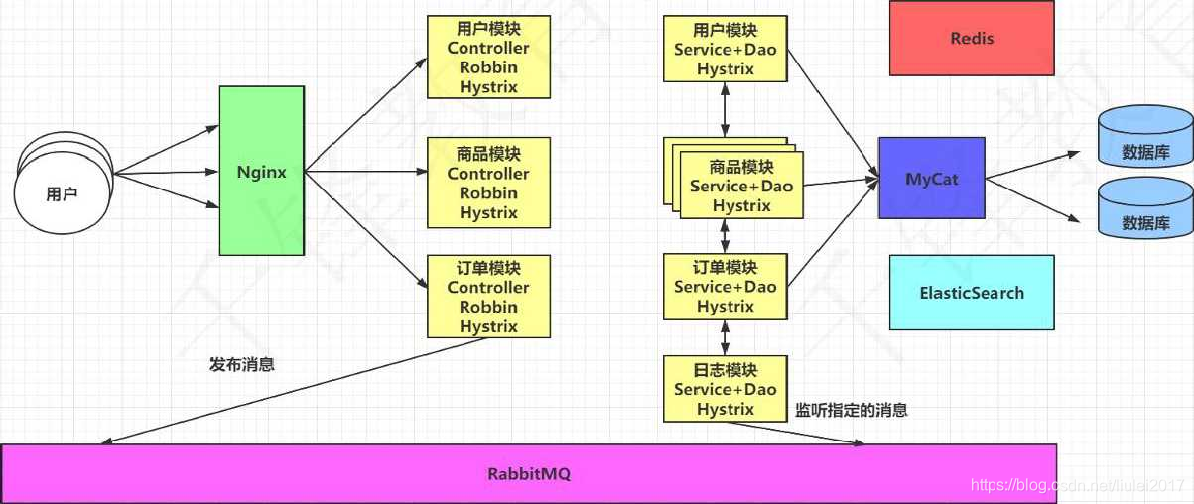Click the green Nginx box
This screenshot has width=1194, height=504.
tap(261, 171)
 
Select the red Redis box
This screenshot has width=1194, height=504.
tap(971, 39)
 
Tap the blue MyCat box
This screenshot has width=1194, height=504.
tap(931, 179)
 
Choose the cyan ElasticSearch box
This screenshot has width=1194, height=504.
tap(971, 293)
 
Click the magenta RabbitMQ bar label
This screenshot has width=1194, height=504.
tap(528, 474)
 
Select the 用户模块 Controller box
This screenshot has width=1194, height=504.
tap(487, 58)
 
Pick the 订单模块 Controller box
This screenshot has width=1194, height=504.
tap(487, 297)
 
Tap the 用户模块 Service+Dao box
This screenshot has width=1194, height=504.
tap(725, 49)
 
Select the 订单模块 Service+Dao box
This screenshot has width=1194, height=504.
tap(725, 287)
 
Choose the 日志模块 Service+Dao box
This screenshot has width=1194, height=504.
tap(725, 389)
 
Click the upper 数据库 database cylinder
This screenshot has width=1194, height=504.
tap(1143, 140)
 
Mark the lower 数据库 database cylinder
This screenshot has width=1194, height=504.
tap(1143, 211)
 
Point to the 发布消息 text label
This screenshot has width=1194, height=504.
tap(242, 364)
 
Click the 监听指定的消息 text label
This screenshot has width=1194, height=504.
tap(852, 409)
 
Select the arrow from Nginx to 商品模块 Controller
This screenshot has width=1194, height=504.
tap(365, 172)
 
